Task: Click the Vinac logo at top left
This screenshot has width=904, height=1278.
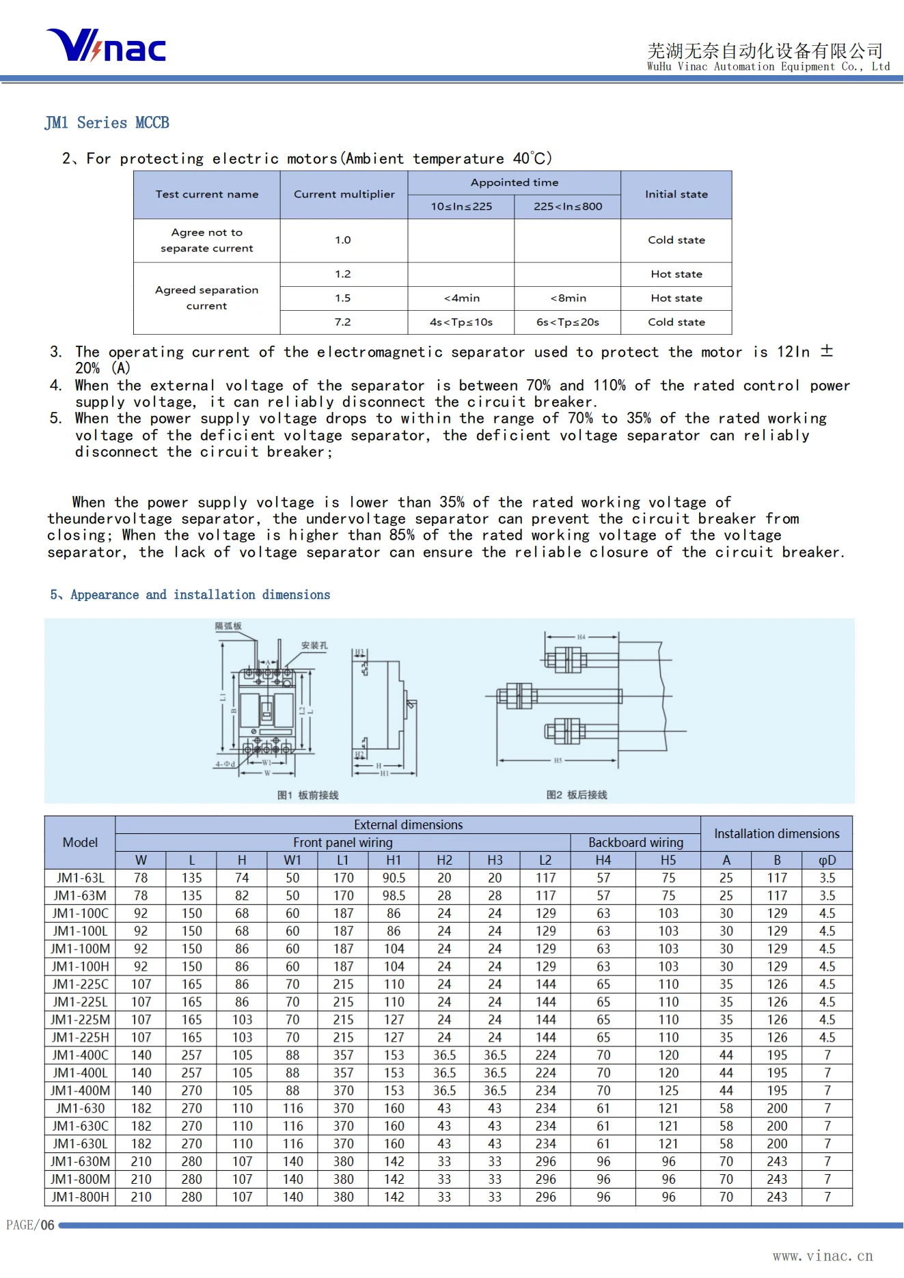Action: (x=106, y=46)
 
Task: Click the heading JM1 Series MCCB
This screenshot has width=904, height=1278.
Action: (x=107, y=123)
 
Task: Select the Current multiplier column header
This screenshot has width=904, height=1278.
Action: (x=344, y=195)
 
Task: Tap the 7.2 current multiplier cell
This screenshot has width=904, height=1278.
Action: (x=343, y=322)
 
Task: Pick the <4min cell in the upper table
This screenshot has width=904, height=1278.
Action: (x=461, y=298)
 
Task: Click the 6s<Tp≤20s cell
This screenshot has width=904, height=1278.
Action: (x=567, y=322)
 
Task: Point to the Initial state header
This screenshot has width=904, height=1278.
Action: (x=676, y=195)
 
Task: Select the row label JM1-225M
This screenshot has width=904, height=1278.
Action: (x=81, y=1020)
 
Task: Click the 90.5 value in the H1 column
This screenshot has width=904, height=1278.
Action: (x=394, y=878)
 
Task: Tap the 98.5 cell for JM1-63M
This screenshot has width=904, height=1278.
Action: (x=394, y=895)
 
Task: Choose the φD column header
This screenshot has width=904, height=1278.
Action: (x=827, y=860)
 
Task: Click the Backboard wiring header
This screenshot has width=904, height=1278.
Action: (x=635, y=842)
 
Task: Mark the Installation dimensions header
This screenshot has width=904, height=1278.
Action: (x=776, y=833)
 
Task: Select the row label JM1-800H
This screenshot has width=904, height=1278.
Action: (x=81, y=1197)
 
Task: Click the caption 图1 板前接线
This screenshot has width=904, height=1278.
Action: (x=307, y=795)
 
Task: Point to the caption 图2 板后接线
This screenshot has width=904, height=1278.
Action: (x=577, y=795)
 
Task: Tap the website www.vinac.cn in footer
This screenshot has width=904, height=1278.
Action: (x=823, y=1256)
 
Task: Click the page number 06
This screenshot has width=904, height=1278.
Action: (x=47, y=1225)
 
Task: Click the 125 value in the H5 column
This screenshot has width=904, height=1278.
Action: (x=668, y=1091)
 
